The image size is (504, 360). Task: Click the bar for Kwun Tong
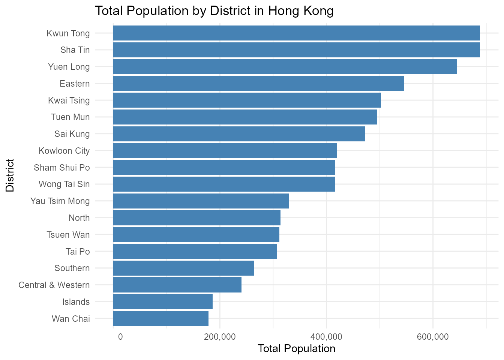(x=297, y=33)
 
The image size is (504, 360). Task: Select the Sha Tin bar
(x=297, y=50)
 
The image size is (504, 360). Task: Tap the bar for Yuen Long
(x=285, y=67)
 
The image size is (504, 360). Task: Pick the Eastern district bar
(x=258, y=84)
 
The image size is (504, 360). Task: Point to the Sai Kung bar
(x=239, y=134)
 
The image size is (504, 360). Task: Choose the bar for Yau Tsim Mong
(x=201, y=201)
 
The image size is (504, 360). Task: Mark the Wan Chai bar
(x=161, y=318)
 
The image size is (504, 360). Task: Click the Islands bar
(x=163, y=301)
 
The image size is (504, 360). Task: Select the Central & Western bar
(x=177, y=285)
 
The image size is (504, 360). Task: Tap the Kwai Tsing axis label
(x=69, y=100)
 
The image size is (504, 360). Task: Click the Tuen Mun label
(x=70, y=117)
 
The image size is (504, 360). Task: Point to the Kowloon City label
(x=64, y=151)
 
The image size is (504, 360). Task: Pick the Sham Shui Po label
(x=62, y=168)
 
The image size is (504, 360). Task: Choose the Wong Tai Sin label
(x=64, y=184)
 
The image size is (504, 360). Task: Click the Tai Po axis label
(x=78, y=252)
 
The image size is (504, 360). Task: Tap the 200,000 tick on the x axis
(x=220, y=337)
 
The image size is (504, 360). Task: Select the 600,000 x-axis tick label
(x=433, y=337)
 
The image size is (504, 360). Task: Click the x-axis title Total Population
(x=297, y=348)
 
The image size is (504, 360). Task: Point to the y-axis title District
(x=10, y=175)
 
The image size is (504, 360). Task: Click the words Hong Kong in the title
(x=301, y=11)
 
